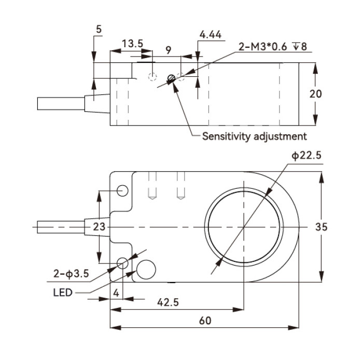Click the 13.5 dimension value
[x=132, y=44]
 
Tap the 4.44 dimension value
[x=211, y=35]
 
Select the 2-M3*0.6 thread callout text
[x=262, y=47]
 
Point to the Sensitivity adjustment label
[x=255, y=136]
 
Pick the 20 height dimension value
[x=315, y=94]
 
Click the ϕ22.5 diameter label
[x=306, y=156]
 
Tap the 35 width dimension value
[x=321, y=227]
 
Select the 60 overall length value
[x=205, y=320]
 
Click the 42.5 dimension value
[x=168, y=302]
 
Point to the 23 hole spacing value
[x=99, y=227]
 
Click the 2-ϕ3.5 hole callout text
[x=71, y=274]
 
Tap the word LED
[x=63, y=292]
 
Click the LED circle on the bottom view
[x=146, y=270]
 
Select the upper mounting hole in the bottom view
[x=122, y=191]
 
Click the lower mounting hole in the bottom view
[x=122, y=263]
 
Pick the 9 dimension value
[x=169, y=50]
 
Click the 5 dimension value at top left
[x=99, y=30]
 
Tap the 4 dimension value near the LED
[x=116, y=293]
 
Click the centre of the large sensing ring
[x=244, y=227]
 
